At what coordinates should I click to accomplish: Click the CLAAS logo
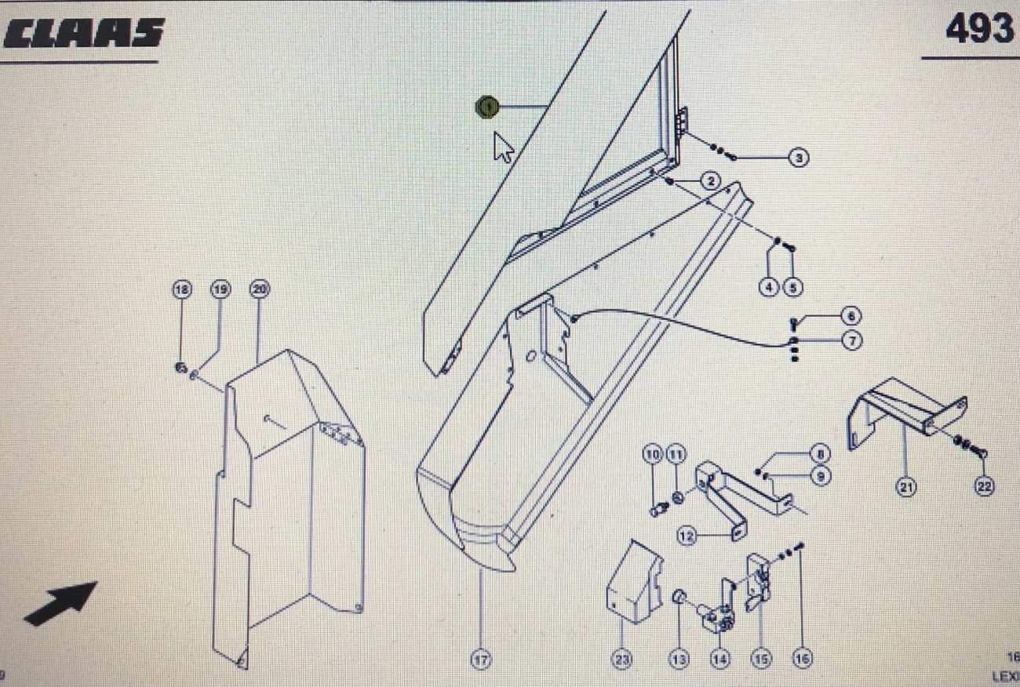pyautogui.click(x=83, y=33)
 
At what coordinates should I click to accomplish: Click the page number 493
pyautogui.click(x=978, y=30)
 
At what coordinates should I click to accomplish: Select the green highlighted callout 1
pyautogui.click(x=487, y=107)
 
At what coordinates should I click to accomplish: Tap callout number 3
pyautogui.click(x=799, y=158)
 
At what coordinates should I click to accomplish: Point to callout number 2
pyautogui.click(x=709, y=181)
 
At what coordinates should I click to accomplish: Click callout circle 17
pyautogui.click(x=480, y=660)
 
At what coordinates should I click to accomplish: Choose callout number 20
pyautogui.click(x=259, y=289)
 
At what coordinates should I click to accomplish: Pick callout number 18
pyautogui.click(x=182, y=289)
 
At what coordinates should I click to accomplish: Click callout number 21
pyautogui.click(x=906, y=487)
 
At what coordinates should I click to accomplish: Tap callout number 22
pyautogui.click(x=985, y=487)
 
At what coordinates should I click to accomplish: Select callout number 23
pyautogui.click(x=622, y=660)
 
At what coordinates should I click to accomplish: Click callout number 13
pyautogui.click(x=679, y=660)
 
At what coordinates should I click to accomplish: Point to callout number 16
pyautogui.click(x=801, y=660)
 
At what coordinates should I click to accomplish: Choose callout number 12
pyautogui.click(x=687, y=536)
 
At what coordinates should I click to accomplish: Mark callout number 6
pyautogui.click(x=852, y=316)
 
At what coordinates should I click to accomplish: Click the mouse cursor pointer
pyautogui.click(x=503, y=147)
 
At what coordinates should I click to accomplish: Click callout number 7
pyautogui.click(x=852, y=340)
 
